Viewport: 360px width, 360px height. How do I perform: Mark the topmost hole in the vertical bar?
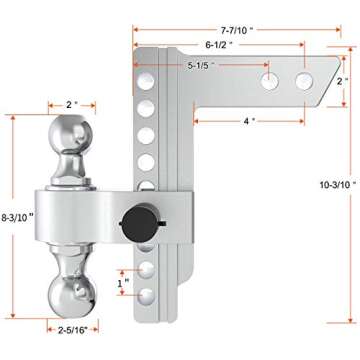tap(146, 61)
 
